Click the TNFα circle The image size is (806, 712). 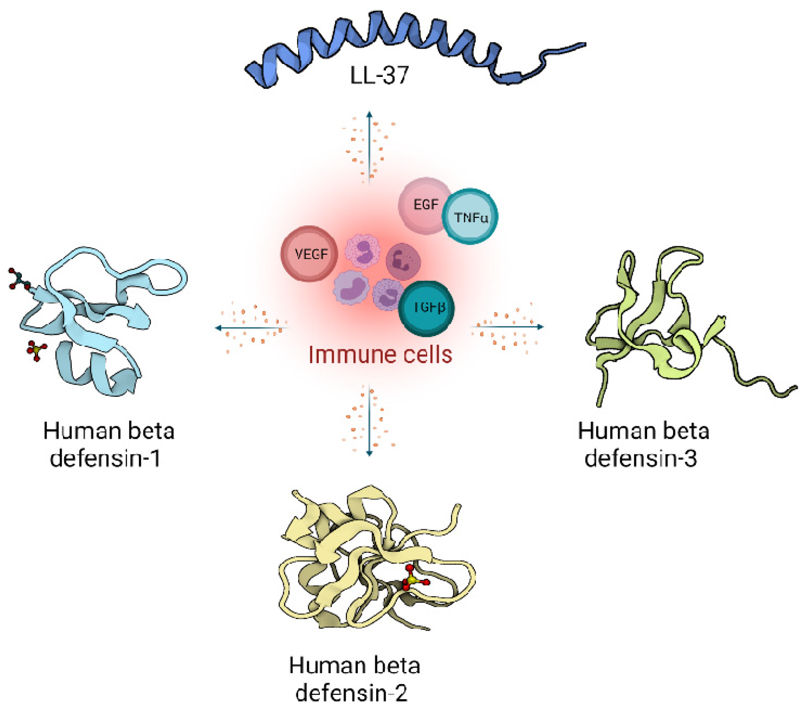[470, 217]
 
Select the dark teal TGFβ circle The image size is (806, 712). [426, 309]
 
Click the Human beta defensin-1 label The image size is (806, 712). [108, 445]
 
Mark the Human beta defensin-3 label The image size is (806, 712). [643, 445]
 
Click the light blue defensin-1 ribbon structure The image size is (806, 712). [99, 316]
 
